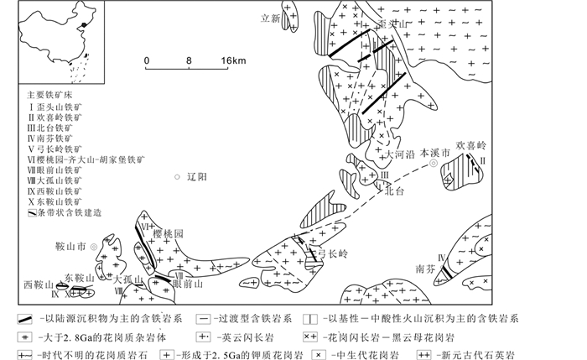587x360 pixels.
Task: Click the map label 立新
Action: tap(269, 18)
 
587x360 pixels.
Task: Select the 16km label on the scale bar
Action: tap(233, 60)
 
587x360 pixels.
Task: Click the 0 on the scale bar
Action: tap(147, 60)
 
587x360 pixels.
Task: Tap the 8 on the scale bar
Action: tap(190, 60)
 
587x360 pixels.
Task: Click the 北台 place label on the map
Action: tap(394, 190)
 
